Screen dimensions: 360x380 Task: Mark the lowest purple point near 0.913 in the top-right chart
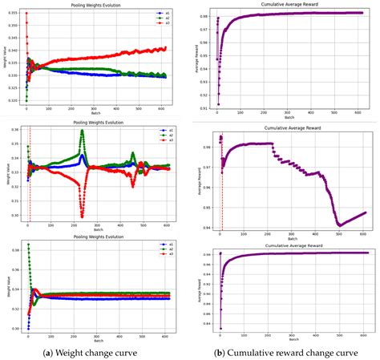(216, 103)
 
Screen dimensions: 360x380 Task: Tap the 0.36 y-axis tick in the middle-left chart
(14, 130)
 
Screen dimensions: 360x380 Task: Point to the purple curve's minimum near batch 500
(339, 226)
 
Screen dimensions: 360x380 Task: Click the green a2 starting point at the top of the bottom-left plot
(28, 245)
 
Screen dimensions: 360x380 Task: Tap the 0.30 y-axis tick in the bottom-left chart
(14, 329)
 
